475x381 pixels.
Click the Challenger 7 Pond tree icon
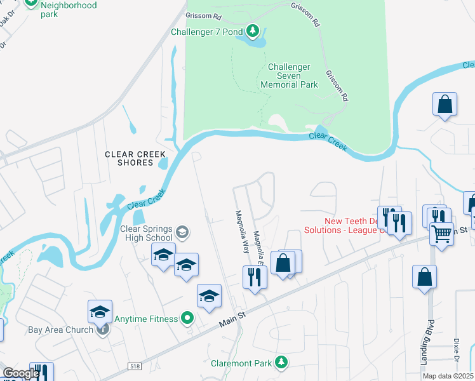(x=253, y=31)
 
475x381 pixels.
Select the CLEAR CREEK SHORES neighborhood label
(x=135, y=158)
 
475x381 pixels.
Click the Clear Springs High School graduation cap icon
(x=182, y=231)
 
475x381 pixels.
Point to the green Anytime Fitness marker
(x=187, y=318)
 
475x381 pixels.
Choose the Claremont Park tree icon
(x=280, y=363)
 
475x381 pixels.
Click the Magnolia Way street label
(x=242, y=232)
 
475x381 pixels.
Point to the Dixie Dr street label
(x=456, y=348)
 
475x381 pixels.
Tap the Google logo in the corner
(x=21, y=373)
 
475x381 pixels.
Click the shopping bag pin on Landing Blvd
(x=424, y=277)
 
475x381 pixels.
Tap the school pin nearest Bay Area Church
(x=100, y=311)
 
